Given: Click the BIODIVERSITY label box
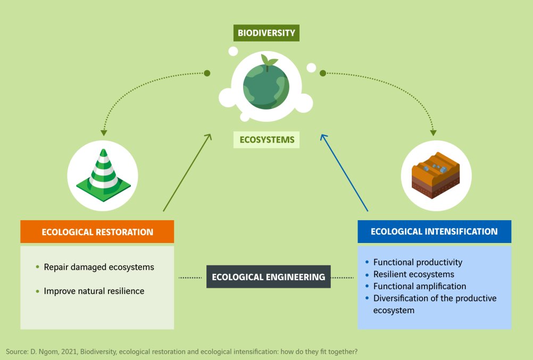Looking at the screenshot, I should [266, 33].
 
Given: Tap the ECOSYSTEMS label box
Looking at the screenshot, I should [266, 140].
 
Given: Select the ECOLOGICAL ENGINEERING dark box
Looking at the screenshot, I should [268, 277].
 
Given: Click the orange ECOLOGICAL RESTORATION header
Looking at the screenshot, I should [97, 232].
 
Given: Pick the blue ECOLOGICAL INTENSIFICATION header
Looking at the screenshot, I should [434, 232].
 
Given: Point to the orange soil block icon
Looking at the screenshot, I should [435, 175].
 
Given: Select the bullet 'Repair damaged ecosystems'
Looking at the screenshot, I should [98, 267].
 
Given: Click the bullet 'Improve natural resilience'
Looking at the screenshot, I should [94, 291].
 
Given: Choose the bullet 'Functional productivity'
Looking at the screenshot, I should [418, 262].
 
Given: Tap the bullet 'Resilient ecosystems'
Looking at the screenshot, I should [413, 274].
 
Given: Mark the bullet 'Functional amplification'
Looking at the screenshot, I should [419, 286].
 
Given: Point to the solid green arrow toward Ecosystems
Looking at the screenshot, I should [186, 173].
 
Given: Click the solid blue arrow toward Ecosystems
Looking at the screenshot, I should [344, 173].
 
